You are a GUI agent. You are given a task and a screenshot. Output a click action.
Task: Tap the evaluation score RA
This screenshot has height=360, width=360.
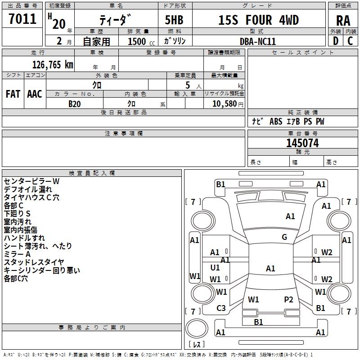click(343, 21)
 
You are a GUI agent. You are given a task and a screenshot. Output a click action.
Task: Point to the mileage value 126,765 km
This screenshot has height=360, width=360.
click(53, 64)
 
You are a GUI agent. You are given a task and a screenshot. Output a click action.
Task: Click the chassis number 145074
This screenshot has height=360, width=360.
click(302, 143)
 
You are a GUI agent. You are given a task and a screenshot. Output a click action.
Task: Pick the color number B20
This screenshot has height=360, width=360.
click(75, 103)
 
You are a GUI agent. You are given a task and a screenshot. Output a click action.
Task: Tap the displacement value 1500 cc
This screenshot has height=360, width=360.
click(137, 41)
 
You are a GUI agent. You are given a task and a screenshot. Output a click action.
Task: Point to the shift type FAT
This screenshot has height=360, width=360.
click(13, 94)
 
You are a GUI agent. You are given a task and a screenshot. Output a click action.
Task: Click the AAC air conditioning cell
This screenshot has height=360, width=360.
click(35, 94)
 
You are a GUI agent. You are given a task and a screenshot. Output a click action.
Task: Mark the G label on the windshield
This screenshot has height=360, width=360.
click(284, 237)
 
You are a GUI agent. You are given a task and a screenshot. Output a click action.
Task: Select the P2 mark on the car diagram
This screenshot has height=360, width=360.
click(288, 299)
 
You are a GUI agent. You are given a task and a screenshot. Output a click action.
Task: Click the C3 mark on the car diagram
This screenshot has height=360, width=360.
click(221, 308)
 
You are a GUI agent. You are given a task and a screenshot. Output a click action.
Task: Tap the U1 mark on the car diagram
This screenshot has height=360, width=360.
click(215, 268)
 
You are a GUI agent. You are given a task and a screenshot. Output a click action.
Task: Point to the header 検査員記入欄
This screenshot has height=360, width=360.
click(92, 173)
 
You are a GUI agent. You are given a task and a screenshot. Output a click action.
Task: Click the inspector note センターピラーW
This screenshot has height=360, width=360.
click(31, 181)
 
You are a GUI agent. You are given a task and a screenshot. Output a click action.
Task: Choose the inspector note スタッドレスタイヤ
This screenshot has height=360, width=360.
click(34, 262)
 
